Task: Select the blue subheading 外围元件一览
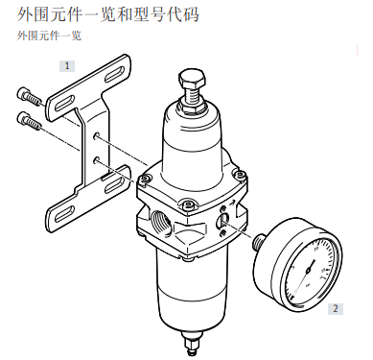point(49,36)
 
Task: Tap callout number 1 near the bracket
point(67,65)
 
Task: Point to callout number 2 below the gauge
point(335,308)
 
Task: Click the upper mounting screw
point(28,96)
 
